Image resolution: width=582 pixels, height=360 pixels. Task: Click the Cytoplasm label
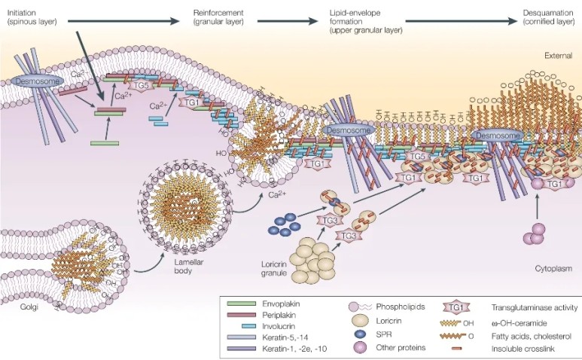554,268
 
